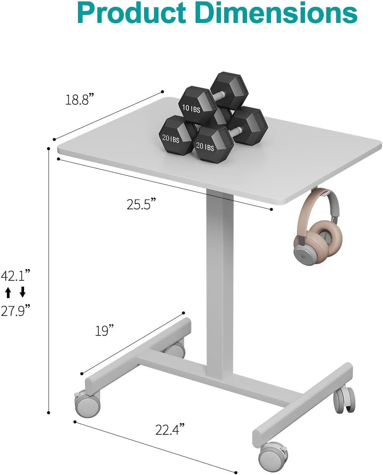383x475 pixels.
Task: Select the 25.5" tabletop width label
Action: click(141, 204)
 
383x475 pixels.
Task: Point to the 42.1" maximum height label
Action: click(15, 275)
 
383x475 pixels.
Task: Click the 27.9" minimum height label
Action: click(15, 311)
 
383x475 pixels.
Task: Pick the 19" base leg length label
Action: click(105, 331)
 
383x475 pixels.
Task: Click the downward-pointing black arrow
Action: click(23, 293)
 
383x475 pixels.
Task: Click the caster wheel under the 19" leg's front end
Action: click(88, 404)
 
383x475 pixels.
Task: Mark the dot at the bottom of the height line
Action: click(49, 412)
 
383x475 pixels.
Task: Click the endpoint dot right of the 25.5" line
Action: click(271, 209)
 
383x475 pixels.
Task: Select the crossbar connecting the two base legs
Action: click(214, 376)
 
